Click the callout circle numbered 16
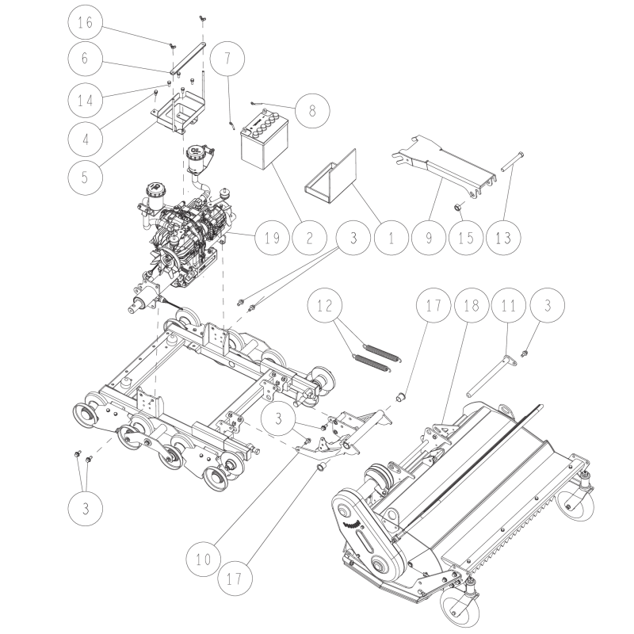tap(85, 23)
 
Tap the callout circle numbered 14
tap(85, 100)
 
